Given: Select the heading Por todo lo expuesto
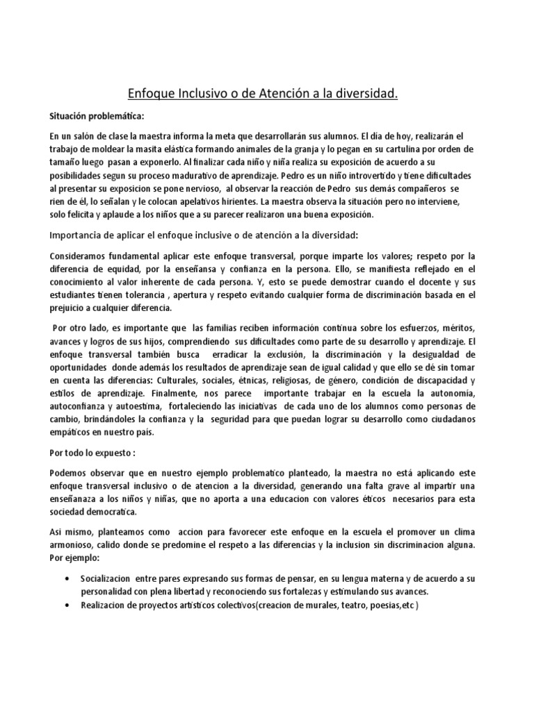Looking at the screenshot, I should (95, 452).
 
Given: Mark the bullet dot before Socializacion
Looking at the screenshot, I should (65, 579).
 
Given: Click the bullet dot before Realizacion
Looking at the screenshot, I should (65, 605).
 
